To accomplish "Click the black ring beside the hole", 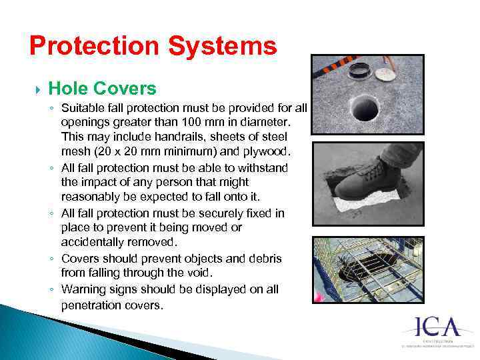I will click(x=360, y=70).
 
